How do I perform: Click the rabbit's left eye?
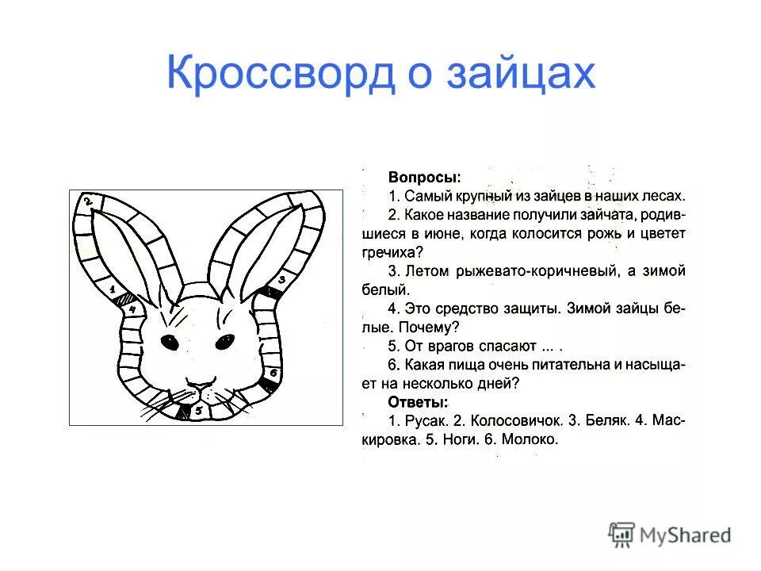pyautogui.click(x=170, y=343)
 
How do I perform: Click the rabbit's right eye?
pyautogui.click(x=224, y=343)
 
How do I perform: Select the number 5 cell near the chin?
pyautogui.click(x=199, y=410)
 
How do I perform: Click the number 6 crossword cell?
pyautogui.click(x=273, y=371)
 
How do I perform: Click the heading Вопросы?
pyautogui.click(x=424, y=176)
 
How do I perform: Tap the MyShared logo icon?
pyautogui.click(x=622, y=534)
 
